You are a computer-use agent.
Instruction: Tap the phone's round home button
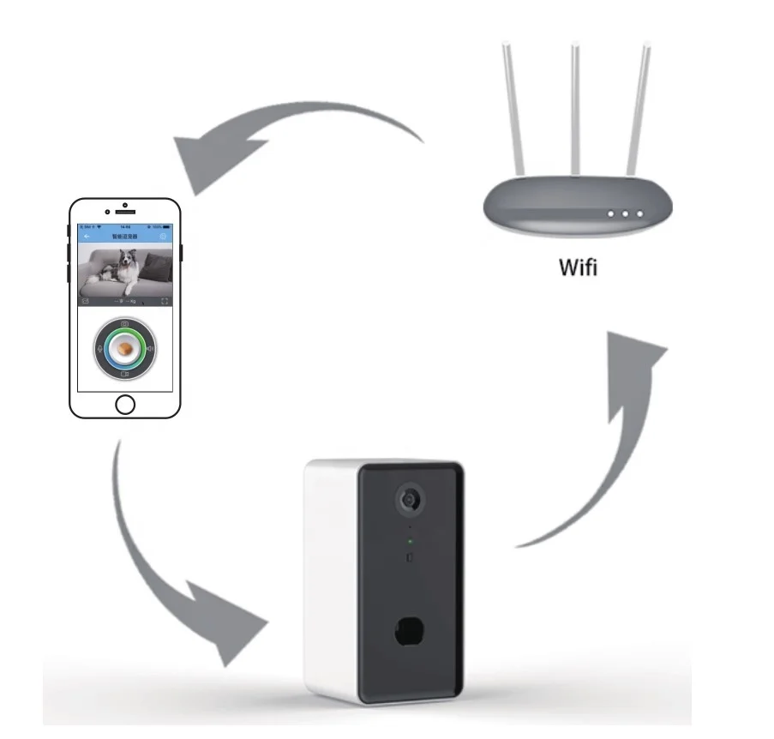pos(125,404)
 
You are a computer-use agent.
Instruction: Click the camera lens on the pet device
pos(411,500)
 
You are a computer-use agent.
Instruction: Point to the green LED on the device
pos(410,542)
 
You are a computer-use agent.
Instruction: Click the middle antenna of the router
pos(576,103)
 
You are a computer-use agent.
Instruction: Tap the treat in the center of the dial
pos(125,349)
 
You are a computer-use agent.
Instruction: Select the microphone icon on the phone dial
pos(100,349)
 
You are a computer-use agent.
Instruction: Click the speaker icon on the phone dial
pos(150,349)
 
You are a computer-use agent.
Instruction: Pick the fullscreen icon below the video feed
pos(165,302)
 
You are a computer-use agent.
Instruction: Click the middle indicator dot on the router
pos(626,213)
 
